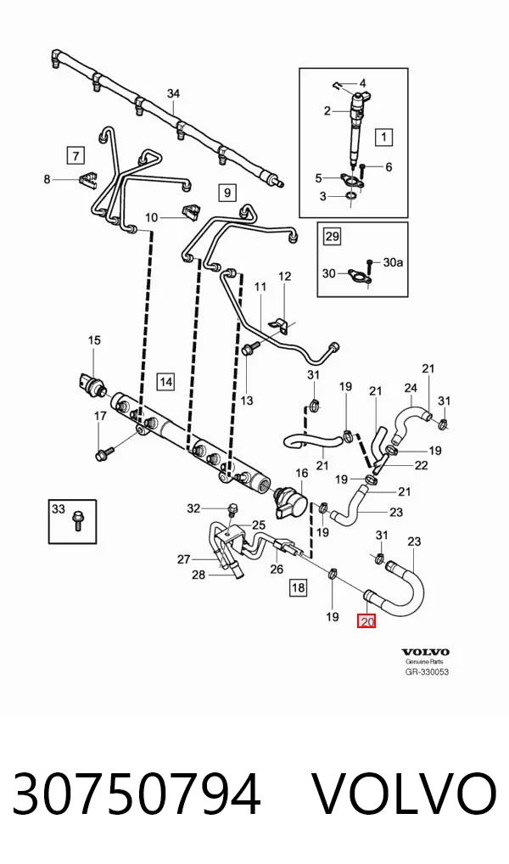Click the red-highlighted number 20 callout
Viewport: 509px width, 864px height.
366,622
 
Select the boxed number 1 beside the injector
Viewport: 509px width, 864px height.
383,136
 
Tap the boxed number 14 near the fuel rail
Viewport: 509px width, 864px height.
165,381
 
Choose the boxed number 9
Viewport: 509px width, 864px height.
227,193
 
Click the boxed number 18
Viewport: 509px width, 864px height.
298,587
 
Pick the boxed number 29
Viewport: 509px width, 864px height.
332,237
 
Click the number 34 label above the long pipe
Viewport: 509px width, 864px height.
174,93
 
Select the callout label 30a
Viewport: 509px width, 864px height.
393,262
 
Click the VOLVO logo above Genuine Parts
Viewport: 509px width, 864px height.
425,653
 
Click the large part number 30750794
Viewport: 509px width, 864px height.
136,795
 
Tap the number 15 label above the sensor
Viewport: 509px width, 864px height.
95,340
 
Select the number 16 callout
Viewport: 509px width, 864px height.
302,473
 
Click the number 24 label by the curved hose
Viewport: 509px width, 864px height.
411,388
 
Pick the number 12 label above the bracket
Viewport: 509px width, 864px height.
284,276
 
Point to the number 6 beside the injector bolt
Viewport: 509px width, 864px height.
389,166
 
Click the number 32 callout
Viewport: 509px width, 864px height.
193,508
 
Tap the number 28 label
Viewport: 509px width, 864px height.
199,575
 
